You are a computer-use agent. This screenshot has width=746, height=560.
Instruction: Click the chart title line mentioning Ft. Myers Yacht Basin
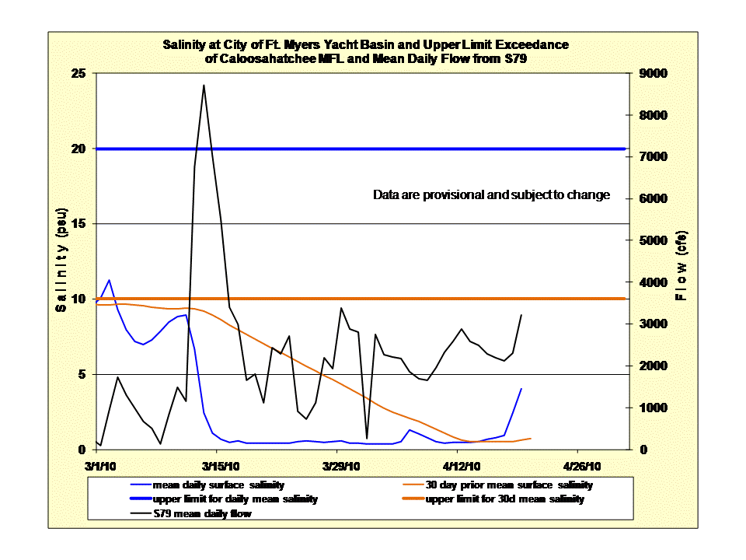coord(365,44)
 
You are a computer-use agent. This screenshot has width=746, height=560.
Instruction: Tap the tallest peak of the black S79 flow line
coord(204,86)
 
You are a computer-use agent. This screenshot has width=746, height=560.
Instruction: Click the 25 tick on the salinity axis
coord(79,74)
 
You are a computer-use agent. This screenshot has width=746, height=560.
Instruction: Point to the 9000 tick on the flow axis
coord(649,74)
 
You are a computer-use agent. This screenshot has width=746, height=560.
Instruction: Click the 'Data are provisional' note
coord(491,195)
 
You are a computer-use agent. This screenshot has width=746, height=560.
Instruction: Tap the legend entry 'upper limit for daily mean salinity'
coord(235,499)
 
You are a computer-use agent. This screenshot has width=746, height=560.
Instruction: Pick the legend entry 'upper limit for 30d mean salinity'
coord(504,499)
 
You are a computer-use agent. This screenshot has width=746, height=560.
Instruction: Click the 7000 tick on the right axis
coord(649,157)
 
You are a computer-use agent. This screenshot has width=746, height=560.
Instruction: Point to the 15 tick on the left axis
coord(79,224)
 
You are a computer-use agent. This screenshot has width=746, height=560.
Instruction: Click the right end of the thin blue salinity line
coord(521,388)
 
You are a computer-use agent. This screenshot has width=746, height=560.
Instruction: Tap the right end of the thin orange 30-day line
coord(530,439)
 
